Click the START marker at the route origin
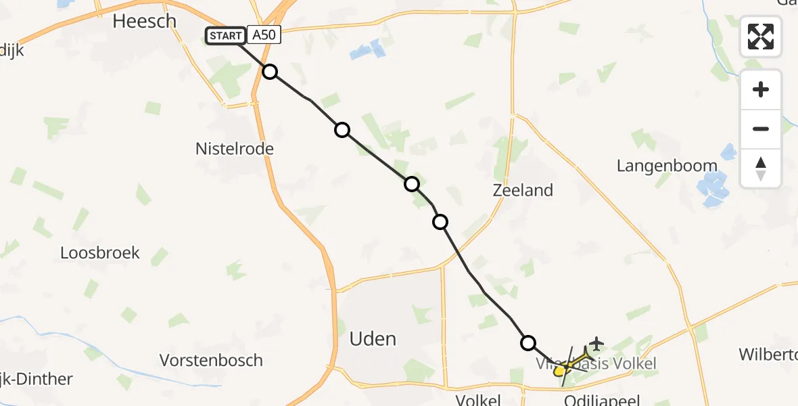[x=225, y=36]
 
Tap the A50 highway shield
[x=264, y=35]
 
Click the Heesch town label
[x=144, y=22]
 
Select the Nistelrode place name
[x=234, y=148]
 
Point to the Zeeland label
[x=523, y=190]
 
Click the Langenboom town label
[x=667, y=166]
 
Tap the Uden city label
[x=373, y=338]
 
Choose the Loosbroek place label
[x=100, y=253]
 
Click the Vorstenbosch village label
[x=211, y=359]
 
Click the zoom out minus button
[x=761, y=129]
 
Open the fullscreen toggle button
[x=761, y=37]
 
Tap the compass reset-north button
[x=761, y=168]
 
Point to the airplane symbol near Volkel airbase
[x=597, y=343]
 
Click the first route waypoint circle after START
[x=270, y=72]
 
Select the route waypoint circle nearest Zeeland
[x=440, y=221]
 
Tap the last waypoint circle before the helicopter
[x=527, y=343]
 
